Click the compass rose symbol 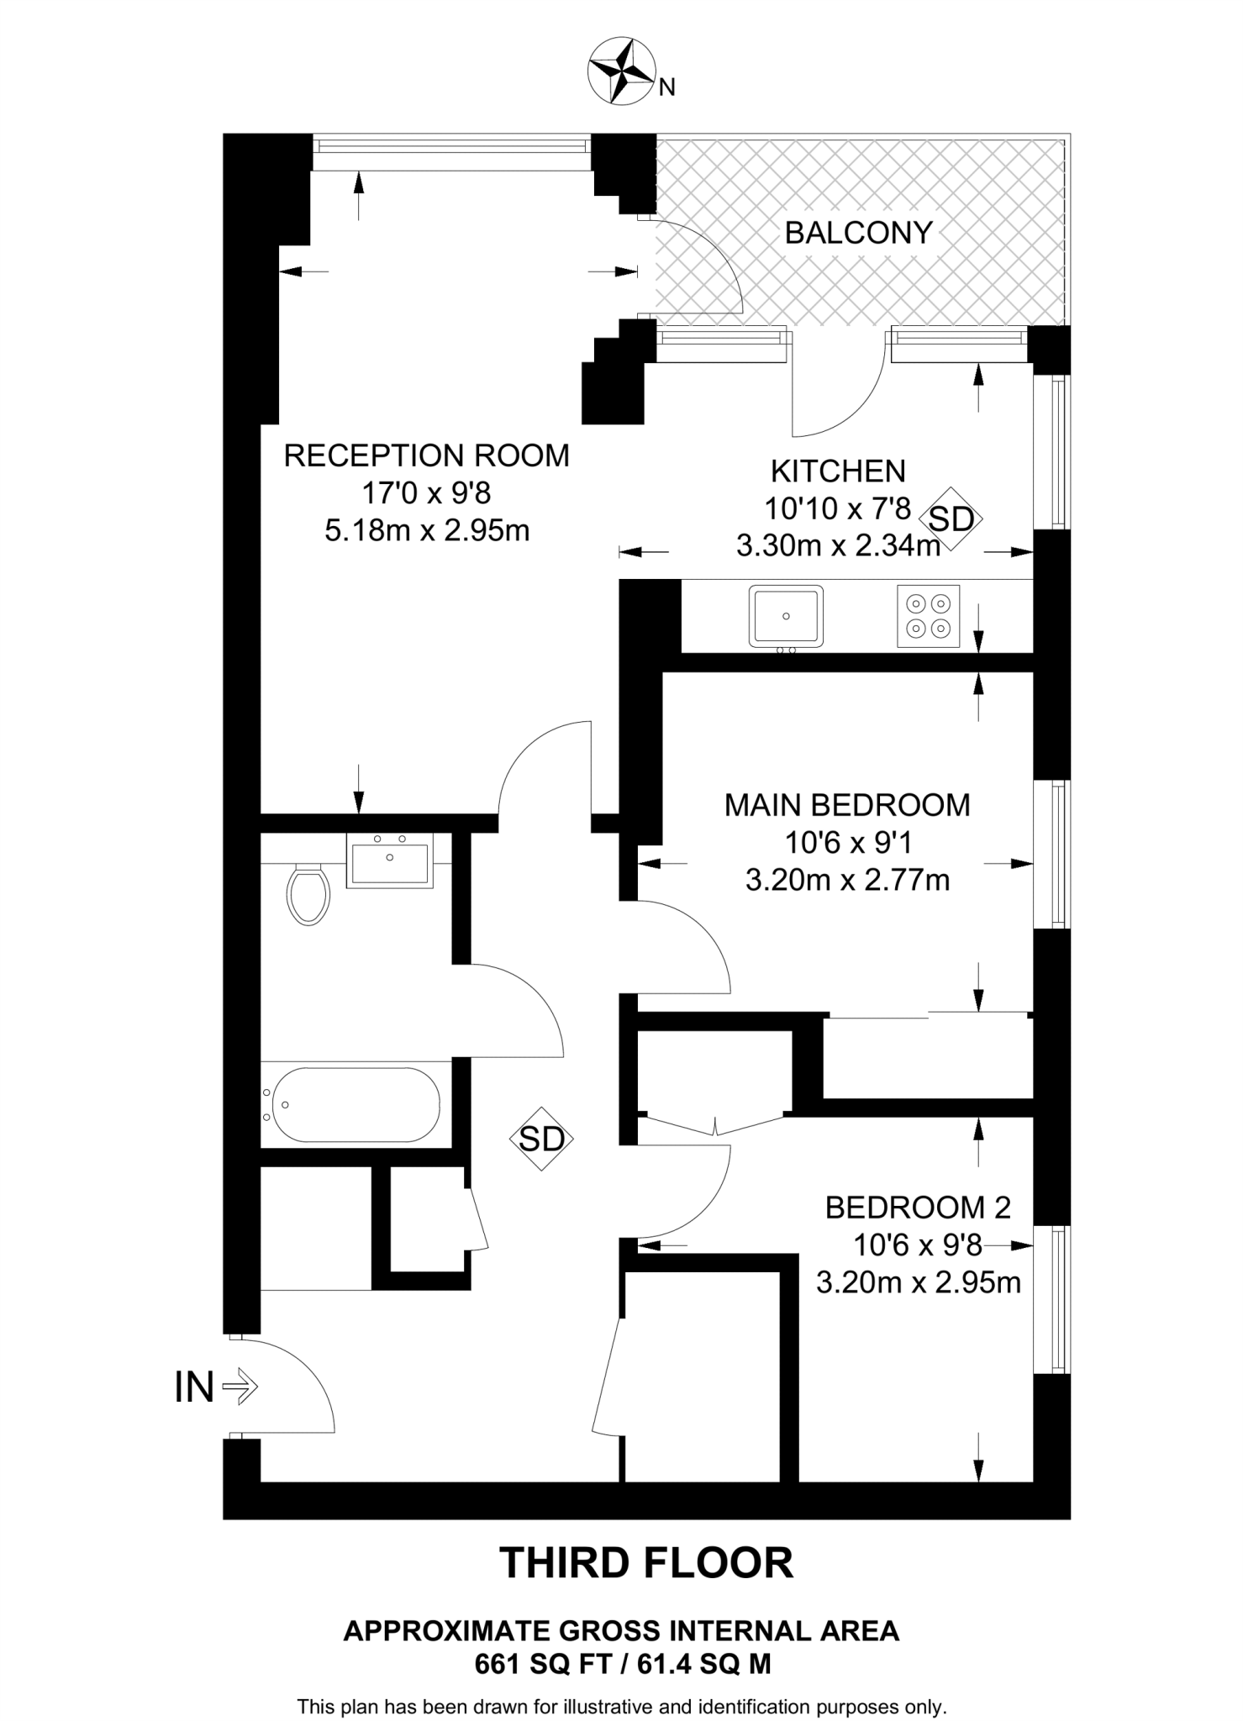click(621, 72)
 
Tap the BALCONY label click(858, 233)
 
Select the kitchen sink click(786, 616)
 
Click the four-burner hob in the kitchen click(929, 616)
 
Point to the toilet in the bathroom click(308, 895)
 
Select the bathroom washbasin click(390, 860)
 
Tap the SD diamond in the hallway click(541, 1139)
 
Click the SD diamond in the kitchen click(951, 519)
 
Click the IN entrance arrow click(240, 1386)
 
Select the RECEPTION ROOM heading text click(426, 456)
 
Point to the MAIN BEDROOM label click(847, 805)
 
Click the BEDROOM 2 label click(918, 1208)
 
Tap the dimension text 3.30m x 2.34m click(838, 546)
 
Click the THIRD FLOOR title click(646, 1562)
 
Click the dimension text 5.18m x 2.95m click(427, 531)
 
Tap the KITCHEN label click(838, 471)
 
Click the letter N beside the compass click(666, 87)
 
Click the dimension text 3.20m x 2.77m click(847, 880)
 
